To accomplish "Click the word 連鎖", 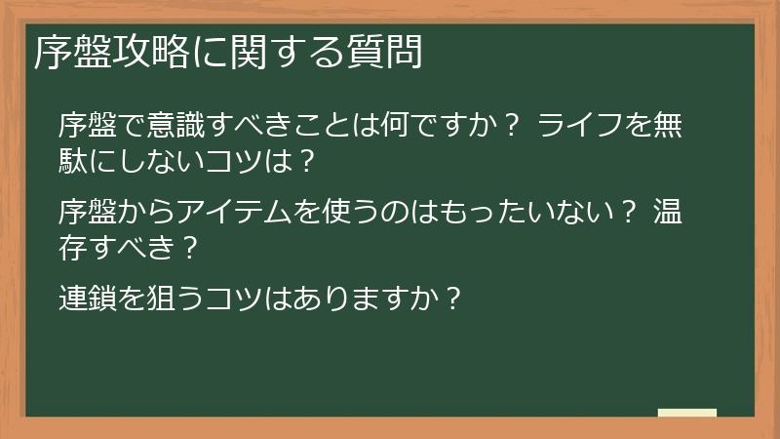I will click(88, 295).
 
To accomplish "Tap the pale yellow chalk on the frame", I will click(687, 414).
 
